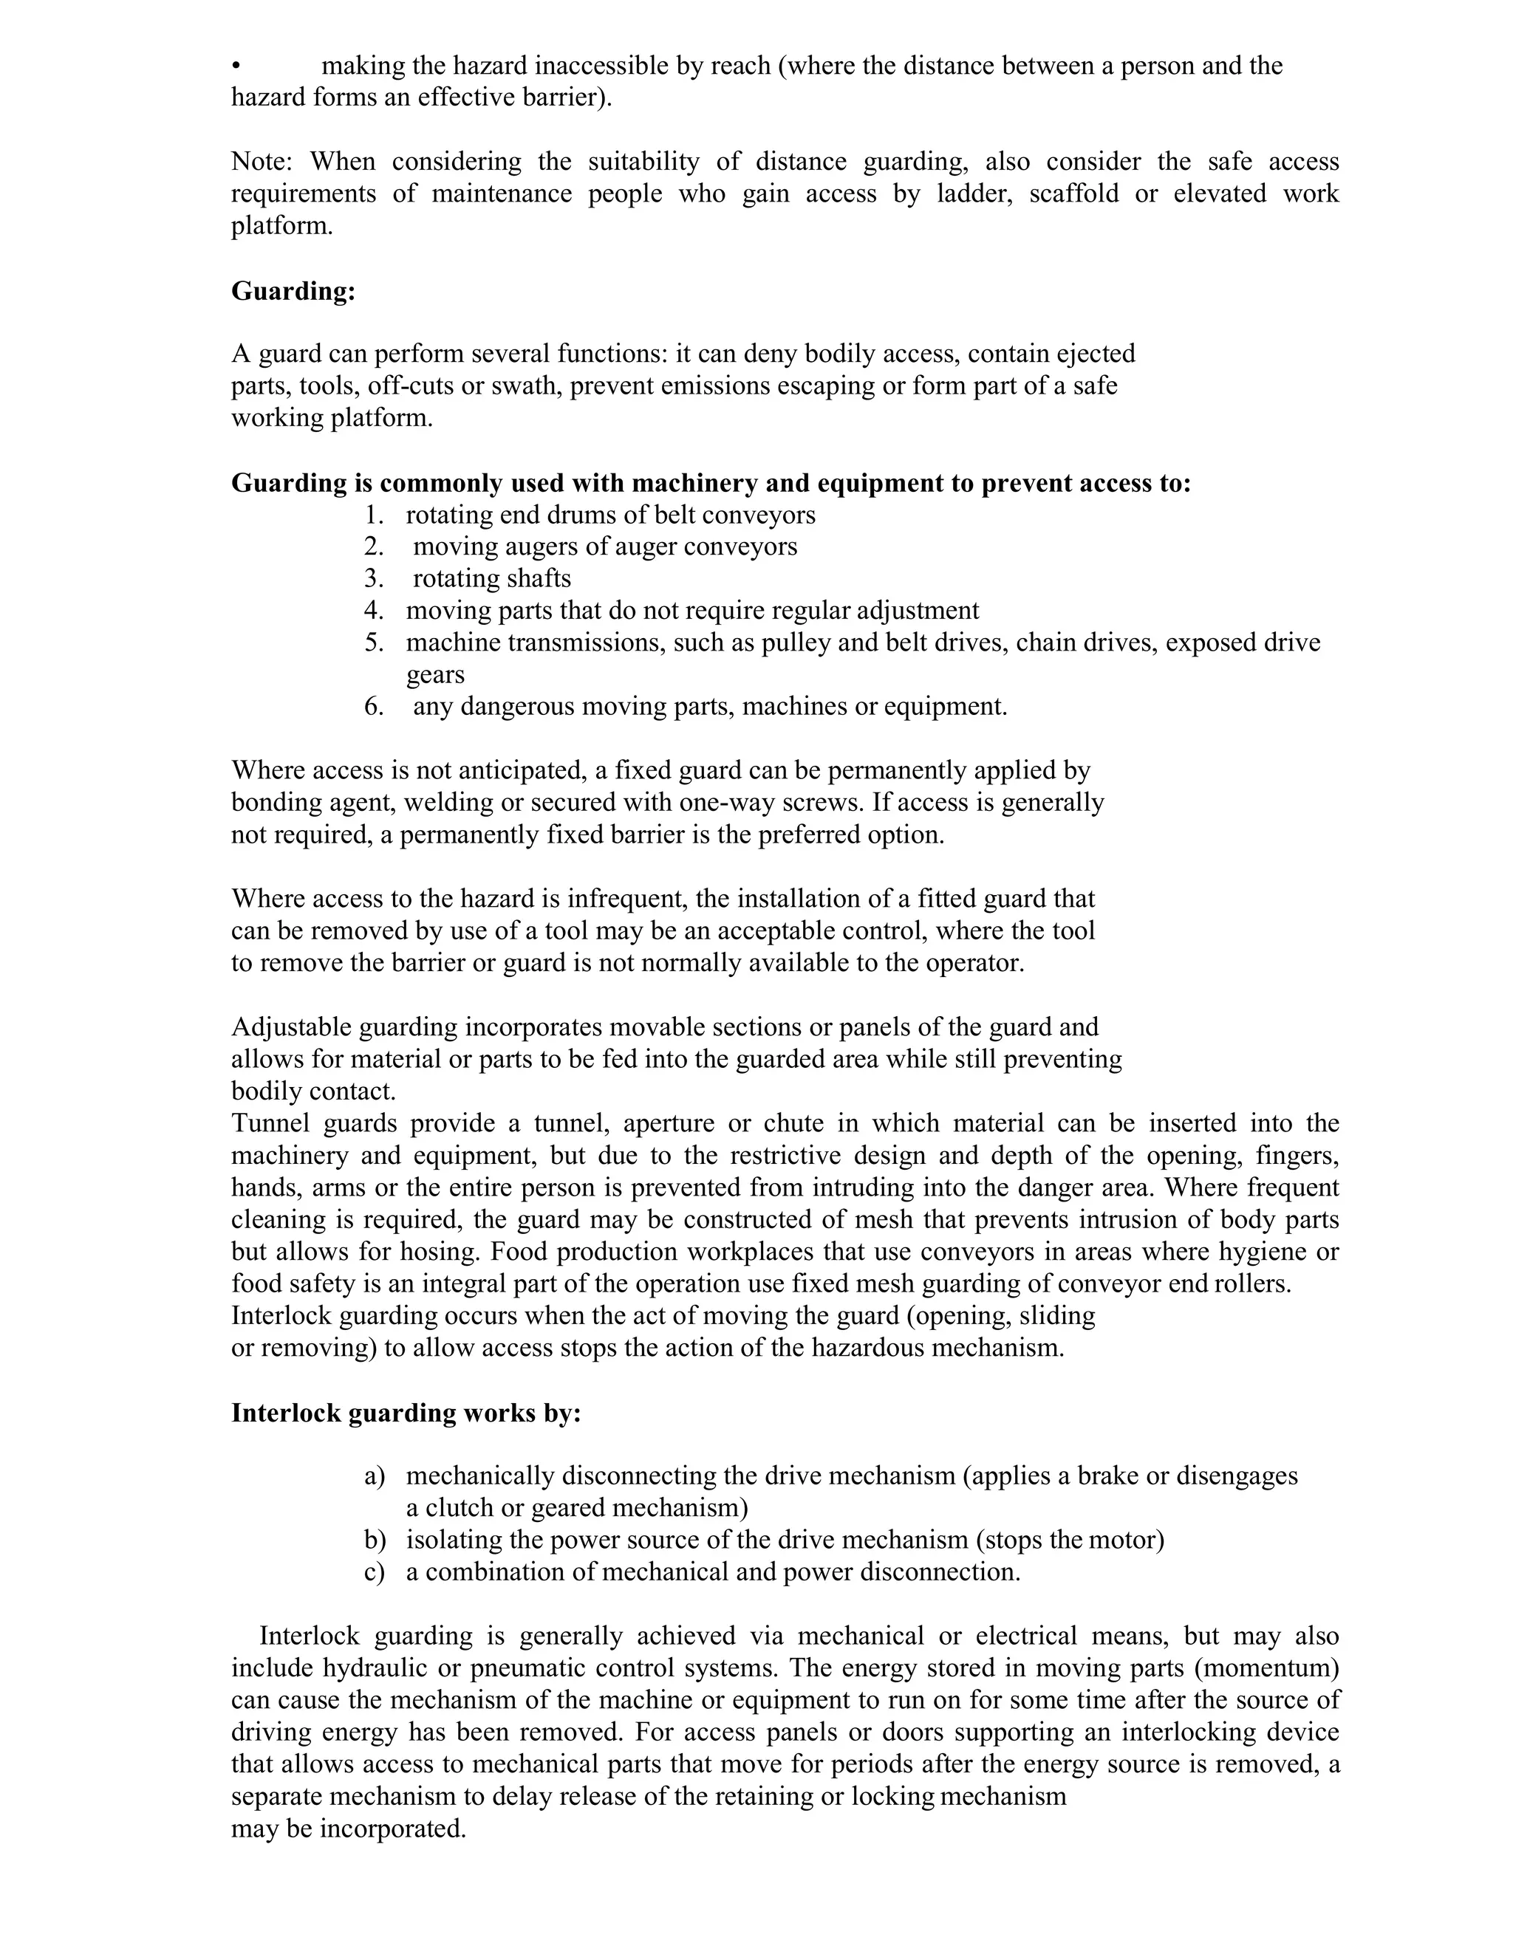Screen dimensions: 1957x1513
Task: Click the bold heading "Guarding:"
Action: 293,291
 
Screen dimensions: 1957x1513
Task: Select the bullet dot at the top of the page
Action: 236,66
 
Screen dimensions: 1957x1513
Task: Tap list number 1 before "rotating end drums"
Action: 374,515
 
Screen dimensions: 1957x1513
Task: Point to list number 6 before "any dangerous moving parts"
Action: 374,707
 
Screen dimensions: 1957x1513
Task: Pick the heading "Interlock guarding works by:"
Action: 406,1413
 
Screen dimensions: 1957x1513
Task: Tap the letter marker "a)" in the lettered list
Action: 375,1476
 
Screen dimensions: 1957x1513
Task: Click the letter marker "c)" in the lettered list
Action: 375,1572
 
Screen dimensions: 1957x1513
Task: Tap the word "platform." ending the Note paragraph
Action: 281,226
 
